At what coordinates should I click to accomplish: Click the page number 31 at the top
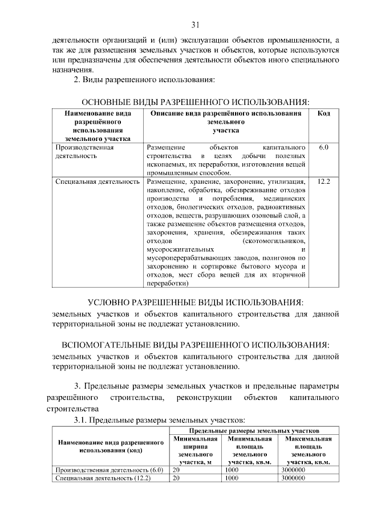[194, 25]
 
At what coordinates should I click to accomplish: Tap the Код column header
[323, 114]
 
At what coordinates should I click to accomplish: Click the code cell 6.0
[323, 147]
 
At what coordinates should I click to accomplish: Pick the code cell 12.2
[323, 181]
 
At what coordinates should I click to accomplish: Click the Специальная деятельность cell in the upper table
[98, 181]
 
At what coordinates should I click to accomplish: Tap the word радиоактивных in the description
[285, 207]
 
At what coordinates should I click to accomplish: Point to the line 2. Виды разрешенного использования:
[145, 79]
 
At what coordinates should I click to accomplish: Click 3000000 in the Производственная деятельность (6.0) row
[294, 470]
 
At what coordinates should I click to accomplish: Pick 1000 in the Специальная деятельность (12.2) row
[232, 478]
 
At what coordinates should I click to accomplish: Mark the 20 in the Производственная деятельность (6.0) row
[176, 470]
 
